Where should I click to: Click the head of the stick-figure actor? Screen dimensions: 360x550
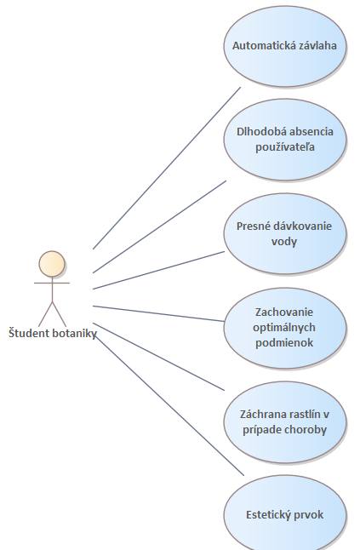coord(52,264)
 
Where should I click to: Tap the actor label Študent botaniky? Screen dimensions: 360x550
coord(53,333)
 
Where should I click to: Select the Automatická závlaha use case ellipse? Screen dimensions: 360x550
coord(285,46)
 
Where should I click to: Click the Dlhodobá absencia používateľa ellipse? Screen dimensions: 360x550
coord(285,140)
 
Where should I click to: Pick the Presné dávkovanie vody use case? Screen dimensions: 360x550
coord(285,233)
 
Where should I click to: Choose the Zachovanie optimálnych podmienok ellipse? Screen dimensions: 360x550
coord(285,328)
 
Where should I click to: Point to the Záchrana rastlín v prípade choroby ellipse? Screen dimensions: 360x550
coord(285,422)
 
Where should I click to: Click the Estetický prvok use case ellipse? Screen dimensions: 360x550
coord(285,514)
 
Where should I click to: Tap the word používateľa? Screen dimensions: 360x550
coord(284,147)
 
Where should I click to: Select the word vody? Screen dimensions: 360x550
coord(284,241)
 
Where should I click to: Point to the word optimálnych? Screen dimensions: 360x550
coord(284,328)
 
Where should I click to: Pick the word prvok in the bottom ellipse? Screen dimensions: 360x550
coord(308,515)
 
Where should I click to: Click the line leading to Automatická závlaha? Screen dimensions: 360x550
coord(167,168)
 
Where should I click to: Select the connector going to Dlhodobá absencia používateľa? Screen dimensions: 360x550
coord(159,226)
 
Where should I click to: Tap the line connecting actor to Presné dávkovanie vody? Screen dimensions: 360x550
coord(158,270)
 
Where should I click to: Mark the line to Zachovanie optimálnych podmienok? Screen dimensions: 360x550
coord(158,313)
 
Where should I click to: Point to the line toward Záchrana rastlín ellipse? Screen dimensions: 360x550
coord(158,357)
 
